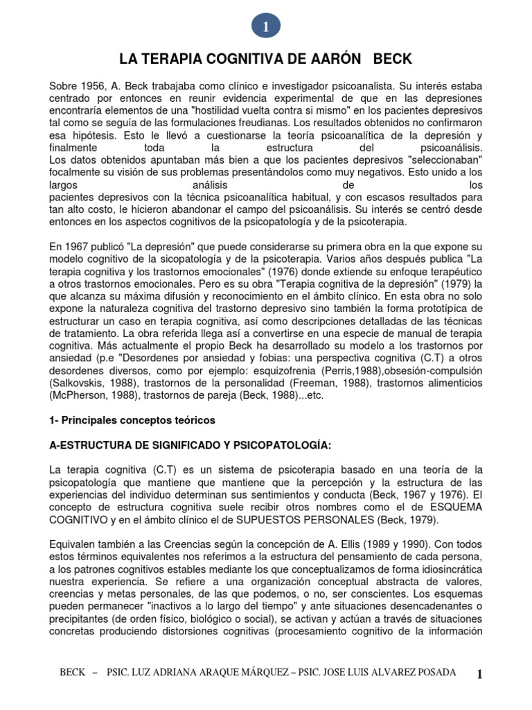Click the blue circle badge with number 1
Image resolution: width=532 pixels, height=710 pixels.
(265, 26)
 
